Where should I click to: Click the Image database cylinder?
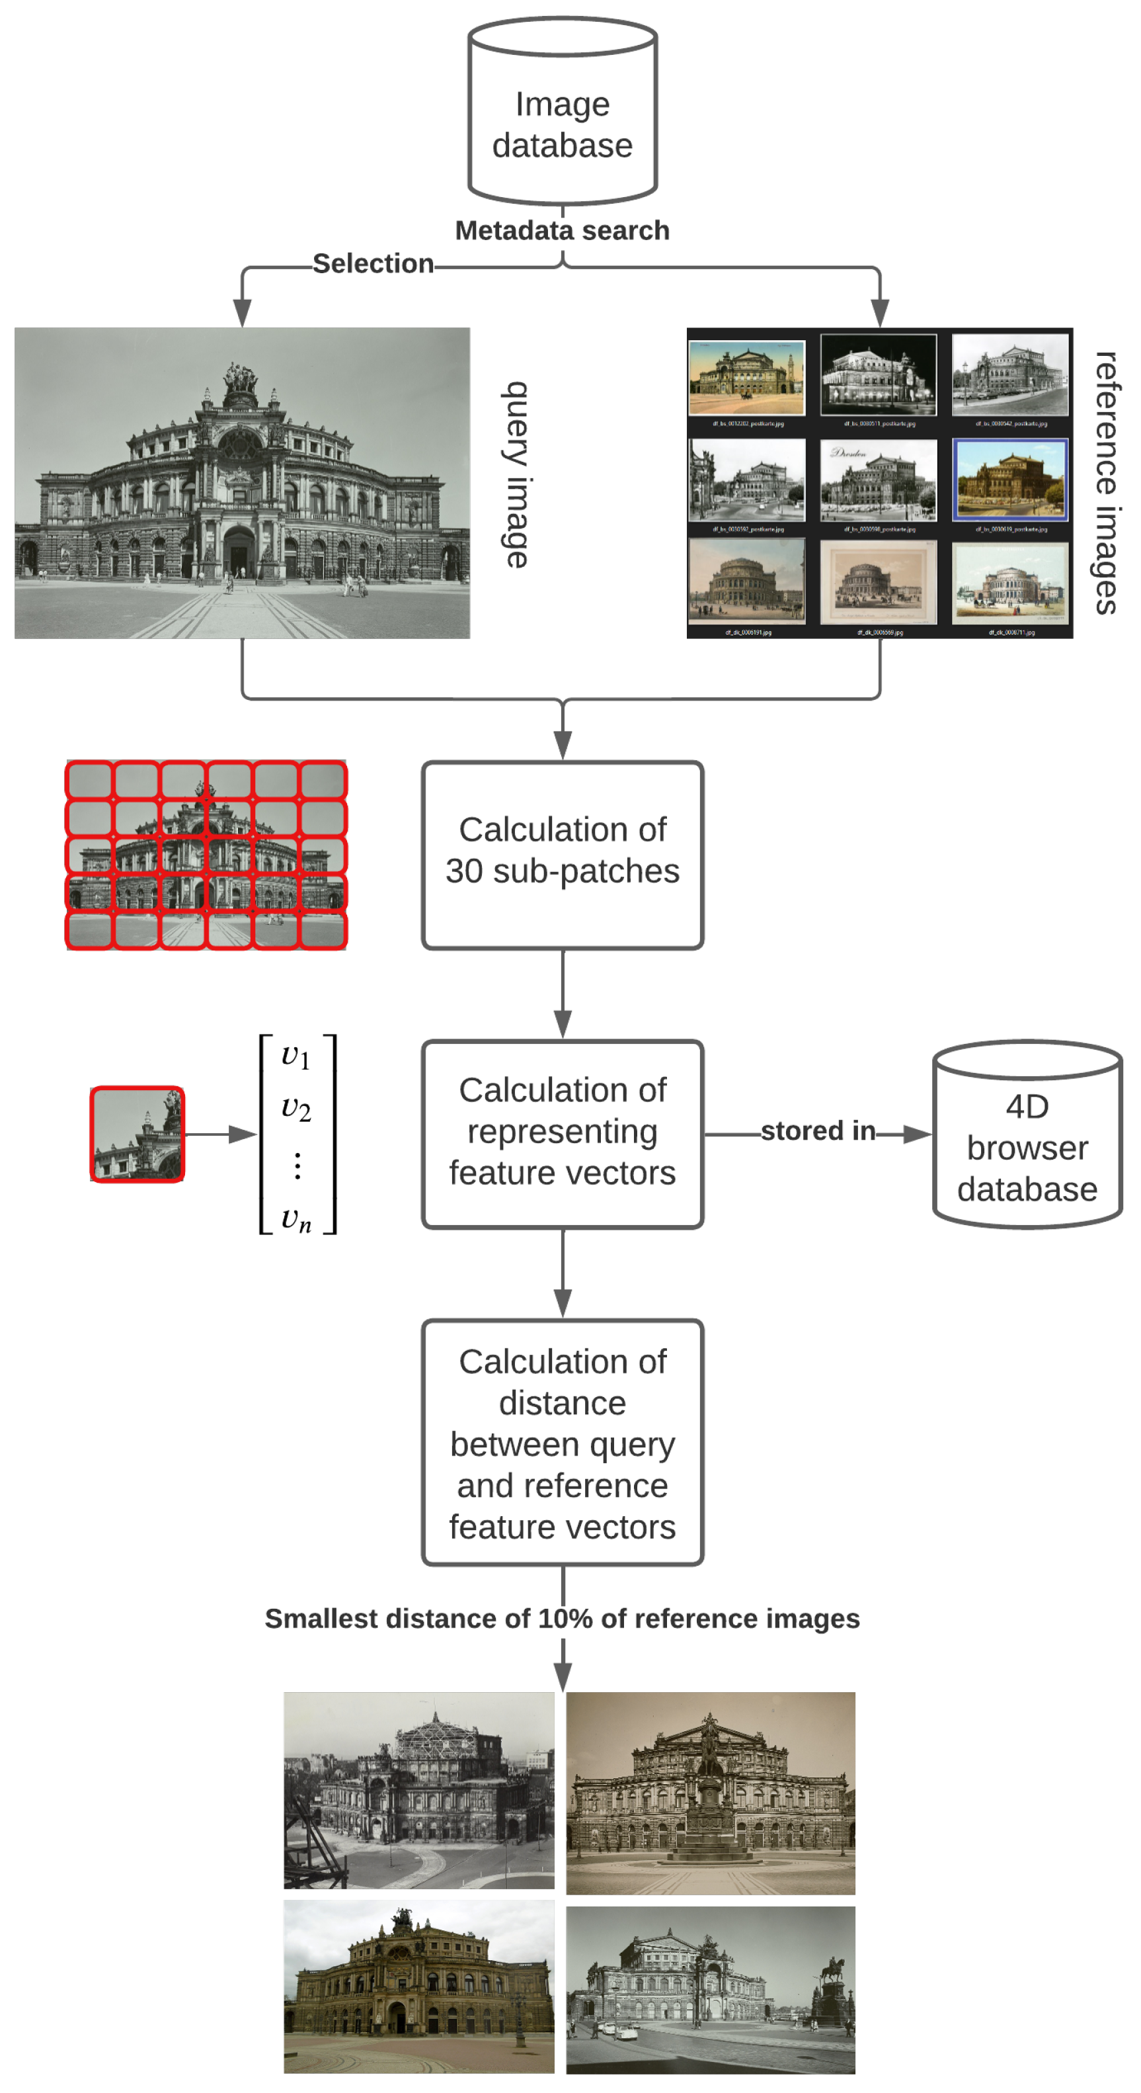562,114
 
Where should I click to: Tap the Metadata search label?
562,231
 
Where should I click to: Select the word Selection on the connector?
373,263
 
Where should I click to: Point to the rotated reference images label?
1105,483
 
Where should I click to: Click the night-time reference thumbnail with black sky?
878,375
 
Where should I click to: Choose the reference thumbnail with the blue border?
1009,480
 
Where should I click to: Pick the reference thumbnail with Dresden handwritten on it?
878,480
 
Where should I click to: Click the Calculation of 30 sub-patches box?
562,855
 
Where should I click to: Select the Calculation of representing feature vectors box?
562,1133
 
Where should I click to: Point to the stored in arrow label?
817,1131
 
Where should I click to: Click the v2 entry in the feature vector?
296,1108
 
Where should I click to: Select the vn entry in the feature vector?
296,1218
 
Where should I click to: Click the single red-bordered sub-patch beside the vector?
138,1134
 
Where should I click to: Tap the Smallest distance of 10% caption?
562,1619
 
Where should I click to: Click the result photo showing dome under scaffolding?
419,1791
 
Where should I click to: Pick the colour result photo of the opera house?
419,1986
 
